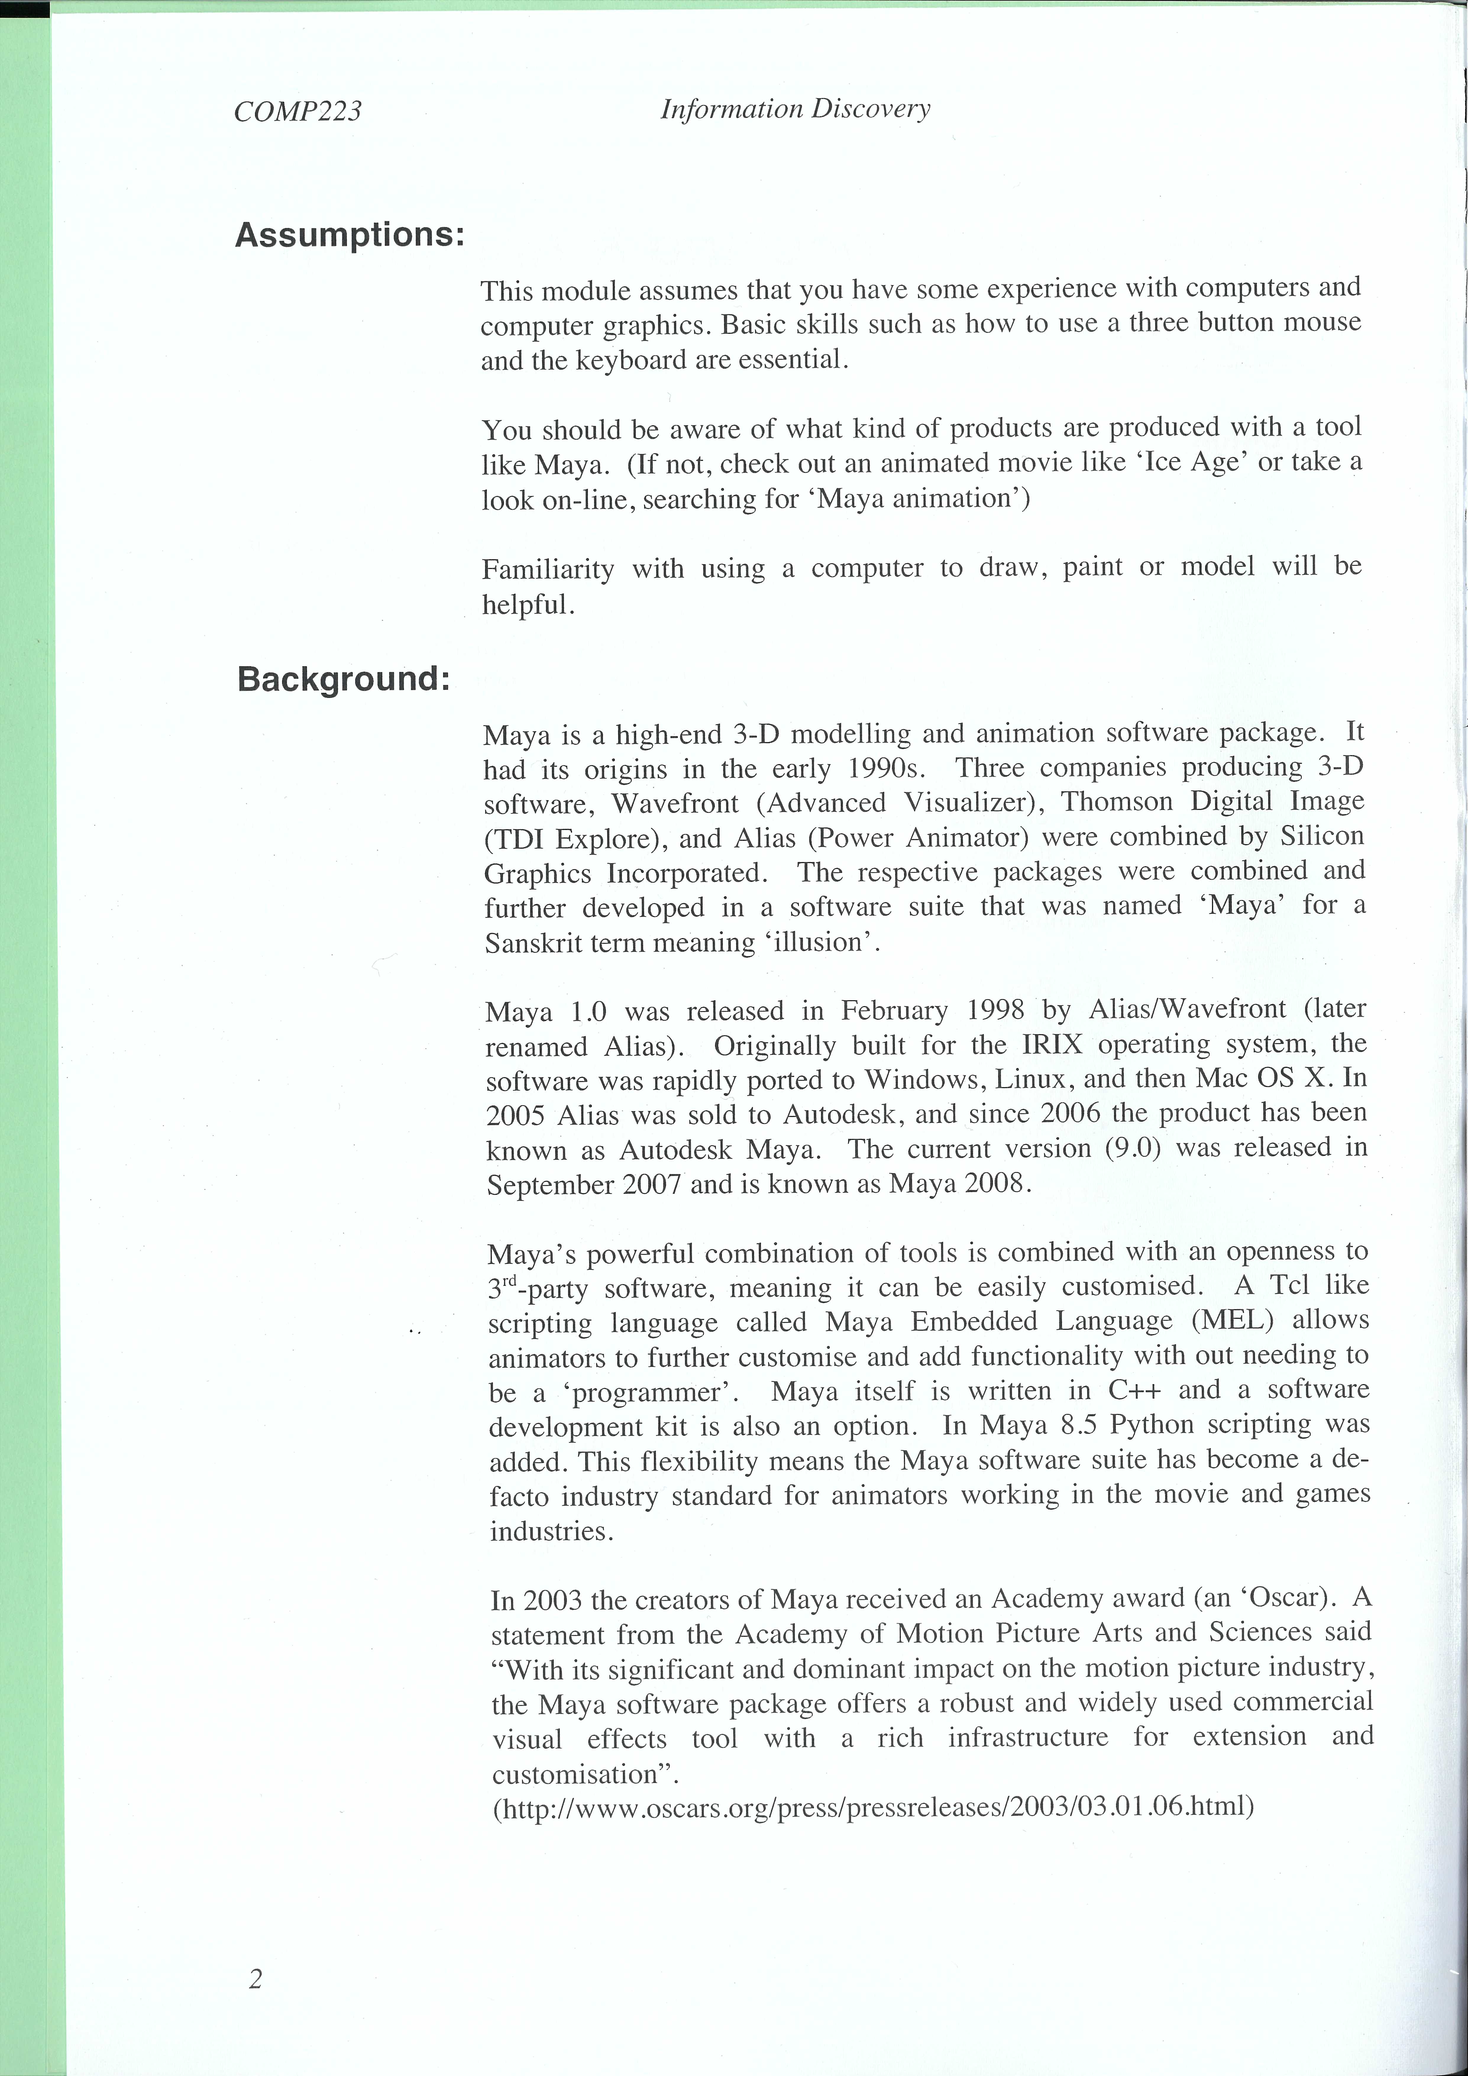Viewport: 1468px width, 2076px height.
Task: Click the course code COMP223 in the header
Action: point(298,111)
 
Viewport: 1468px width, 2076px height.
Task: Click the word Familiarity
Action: point(548,569)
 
